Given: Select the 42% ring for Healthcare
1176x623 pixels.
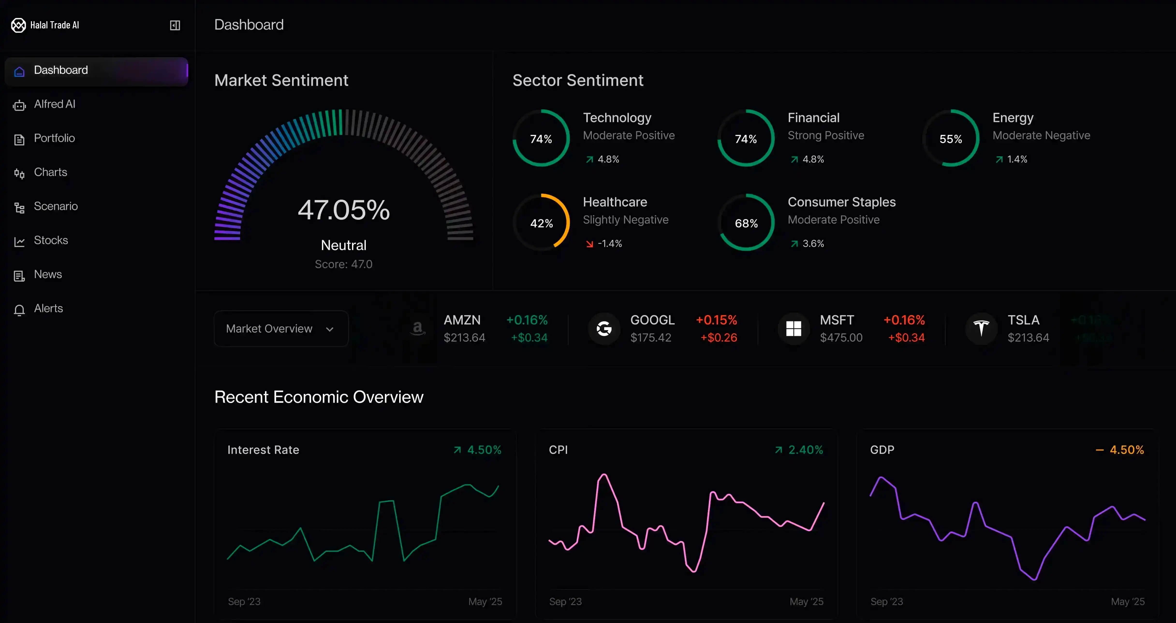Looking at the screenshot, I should (x=541, y=223).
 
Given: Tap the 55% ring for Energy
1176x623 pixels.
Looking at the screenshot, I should (x=951, y=139).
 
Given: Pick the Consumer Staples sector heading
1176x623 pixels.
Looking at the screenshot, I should (x=841, y=202).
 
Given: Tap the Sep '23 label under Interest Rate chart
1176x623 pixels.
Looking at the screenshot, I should (x=244, y=602).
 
